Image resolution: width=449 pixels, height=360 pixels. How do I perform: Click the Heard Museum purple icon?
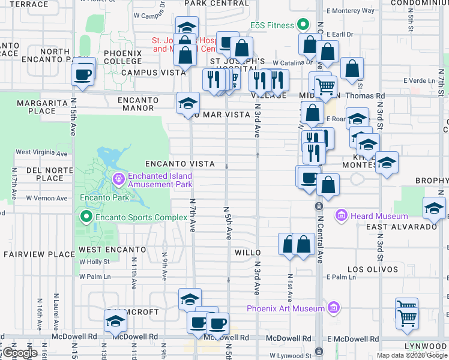click(x=342, y=215)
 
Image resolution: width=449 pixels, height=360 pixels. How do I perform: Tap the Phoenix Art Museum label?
click(x=286, y=309)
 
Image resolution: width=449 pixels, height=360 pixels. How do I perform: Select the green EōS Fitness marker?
click(x=304, y=25)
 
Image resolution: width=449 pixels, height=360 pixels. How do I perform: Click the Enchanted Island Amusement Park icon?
click(x=118, y=178)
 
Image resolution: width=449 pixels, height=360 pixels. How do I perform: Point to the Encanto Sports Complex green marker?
click(x=86, y=217)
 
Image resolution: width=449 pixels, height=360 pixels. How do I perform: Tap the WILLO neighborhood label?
click(x=247, y=253)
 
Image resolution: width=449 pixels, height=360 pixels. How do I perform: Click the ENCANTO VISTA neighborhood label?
click(x=180, y=164)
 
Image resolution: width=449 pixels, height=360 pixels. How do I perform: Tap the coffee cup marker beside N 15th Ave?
click(x=82, y=75)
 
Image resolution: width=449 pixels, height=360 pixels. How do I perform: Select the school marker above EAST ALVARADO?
click(x=434, y=208)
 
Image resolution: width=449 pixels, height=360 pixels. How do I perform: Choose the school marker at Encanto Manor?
click(x=188, y=103)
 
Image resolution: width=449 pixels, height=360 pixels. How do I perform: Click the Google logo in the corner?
click(x=20, y=353)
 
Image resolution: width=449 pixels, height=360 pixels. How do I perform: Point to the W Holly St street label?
click(x=94, y=262)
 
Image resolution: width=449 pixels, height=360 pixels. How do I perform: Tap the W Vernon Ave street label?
click(x=46, y=198)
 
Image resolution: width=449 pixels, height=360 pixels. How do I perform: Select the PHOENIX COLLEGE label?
click(x=122, y=57)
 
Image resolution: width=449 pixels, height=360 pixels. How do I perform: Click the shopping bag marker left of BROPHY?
click(x=328, y=185)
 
